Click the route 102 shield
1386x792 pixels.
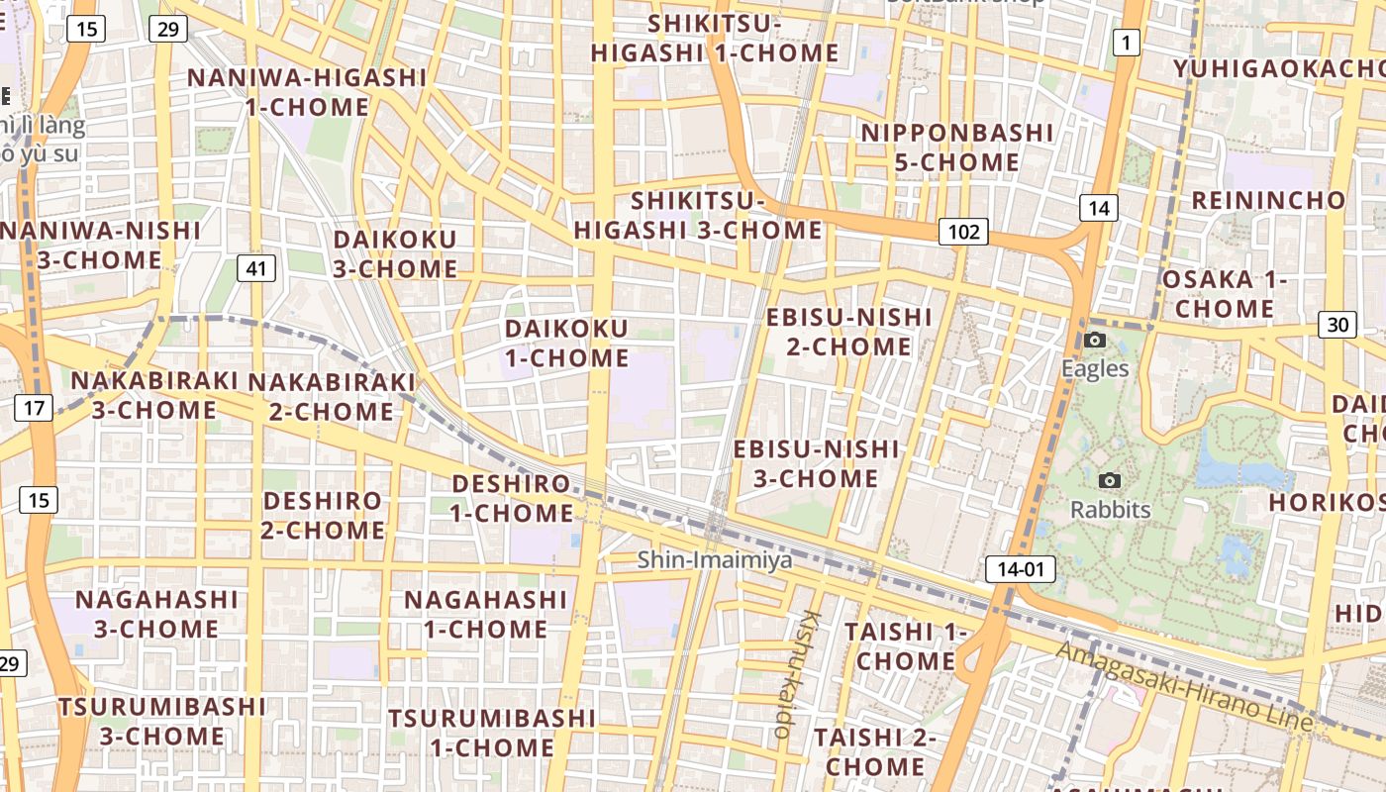click(963, 232)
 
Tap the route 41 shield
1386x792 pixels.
click(256, 268)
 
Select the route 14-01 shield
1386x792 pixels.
click(1020, 569)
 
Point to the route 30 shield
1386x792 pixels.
click(1337, 324)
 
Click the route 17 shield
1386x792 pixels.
click(34, 407)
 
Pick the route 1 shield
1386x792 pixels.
click(1126, 43)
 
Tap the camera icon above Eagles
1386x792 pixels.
click(1094, 341)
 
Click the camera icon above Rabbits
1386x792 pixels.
click(1110, 481)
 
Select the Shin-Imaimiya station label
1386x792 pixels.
click(715, 560)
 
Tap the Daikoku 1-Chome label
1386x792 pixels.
click(566, 343)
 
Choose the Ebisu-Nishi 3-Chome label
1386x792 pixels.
click(816, 463)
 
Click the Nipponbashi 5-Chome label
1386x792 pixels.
click(956, 148)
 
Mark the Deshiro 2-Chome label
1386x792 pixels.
click(323, 515)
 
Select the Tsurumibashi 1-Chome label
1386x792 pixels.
click(491, 733)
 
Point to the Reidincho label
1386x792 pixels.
click(1268, 200)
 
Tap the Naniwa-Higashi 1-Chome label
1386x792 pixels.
click(307, 92)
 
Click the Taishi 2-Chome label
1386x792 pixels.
click(875, 751)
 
